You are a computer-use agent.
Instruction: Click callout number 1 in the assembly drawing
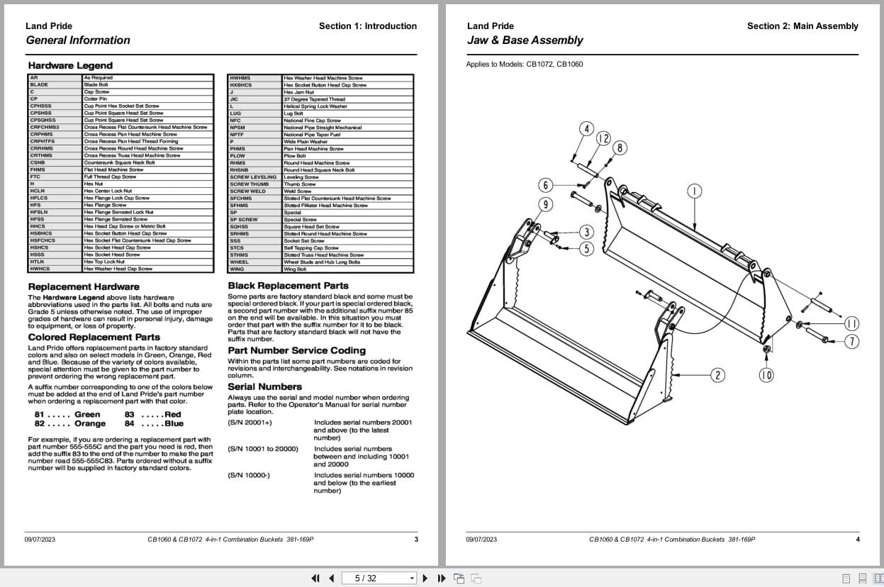coord(695,191)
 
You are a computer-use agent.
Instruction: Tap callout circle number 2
coord(717,375)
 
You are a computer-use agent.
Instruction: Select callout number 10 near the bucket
coord(766,375)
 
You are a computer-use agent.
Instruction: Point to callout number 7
coord(851,342)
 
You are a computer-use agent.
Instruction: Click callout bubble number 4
coord(586,128)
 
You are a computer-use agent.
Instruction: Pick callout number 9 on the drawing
coord(545,205)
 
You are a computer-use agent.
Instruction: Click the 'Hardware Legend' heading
coord(60,66)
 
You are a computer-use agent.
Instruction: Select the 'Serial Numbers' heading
coord(264,386)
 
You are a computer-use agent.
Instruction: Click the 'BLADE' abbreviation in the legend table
coord(39,85)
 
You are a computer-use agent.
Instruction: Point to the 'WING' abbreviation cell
coord(237,269)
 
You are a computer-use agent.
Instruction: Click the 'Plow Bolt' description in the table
coord(294,156)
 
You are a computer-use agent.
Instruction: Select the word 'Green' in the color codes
coord(87,415)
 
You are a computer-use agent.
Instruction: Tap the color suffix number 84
coord(130,424)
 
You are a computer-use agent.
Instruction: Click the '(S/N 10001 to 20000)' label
coord(263,449)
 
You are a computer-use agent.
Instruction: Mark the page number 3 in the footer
coord(416,540)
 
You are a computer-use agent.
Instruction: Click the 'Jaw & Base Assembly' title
coord(525,40)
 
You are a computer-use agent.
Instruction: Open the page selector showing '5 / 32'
coord(379,578)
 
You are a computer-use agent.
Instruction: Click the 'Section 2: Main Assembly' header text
coord(802,26)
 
